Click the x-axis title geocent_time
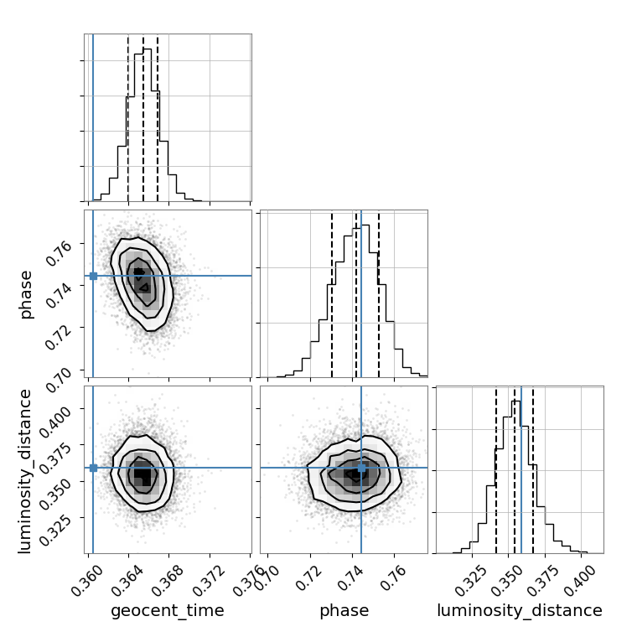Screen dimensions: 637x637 [x=168, y=611]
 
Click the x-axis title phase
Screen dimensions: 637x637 [x=344, y=611]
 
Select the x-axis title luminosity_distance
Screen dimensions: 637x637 [x=520, y=611]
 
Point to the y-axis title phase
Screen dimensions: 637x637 [x=26, y=293]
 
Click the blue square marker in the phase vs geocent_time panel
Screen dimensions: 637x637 [x=93, y=276]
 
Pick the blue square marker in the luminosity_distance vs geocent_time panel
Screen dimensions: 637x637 [x=93, y=468]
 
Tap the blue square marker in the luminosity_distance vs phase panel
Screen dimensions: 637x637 [x=361, y=468]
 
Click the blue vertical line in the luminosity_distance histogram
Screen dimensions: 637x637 [x=521, y=469]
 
